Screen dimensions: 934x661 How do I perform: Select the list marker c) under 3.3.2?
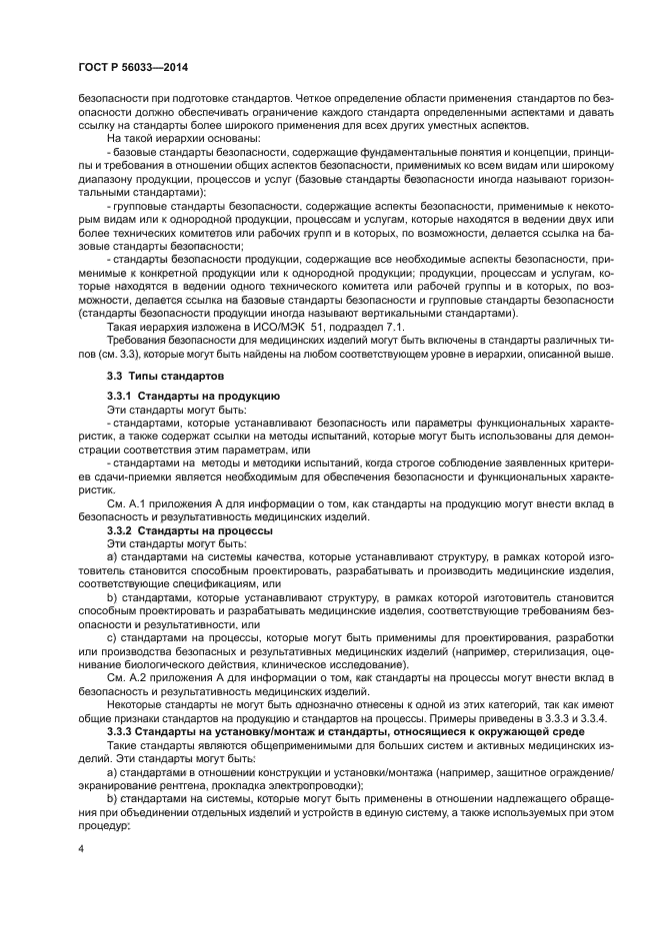111,637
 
